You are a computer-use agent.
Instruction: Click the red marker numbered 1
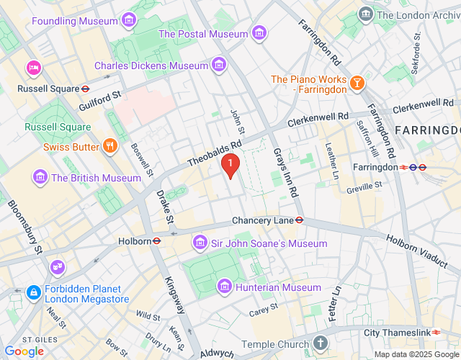coord(230,166)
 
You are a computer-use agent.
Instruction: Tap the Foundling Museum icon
coord(129,21)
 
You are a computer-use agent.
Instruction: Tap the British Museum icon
coord(40,178)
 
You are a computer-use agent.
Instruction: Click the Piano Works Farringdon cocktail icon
coord(356,85)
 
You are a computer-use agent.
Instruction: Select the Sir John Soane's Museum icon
coord(200,243)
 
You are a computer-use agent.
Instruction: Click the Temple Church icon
coord(321,344)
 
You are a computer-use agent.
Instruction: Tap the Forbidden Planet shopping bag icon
coord(33,293)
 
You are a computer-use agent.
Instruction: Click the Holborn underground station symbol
coord(156,241)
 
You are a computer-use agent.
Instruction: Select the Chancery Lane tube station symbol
coord(299,220)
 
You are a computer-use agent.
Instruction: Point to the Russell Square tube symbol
coord(85,89)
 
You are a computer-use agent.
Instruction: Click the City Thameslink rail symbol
coord(437,332)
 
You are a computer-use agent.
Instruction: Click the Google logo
coord(24,351)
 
